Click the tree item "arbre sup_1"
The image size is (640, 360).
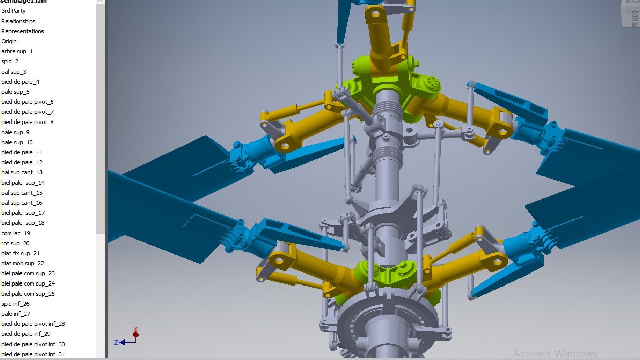pyautogui.click(x=17, y=51)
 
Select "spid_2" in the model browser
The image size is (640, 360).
pyautogui.click(x=10, y=61)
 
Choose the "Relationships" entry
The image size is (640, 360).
pyautogui.click(x=18, y=21)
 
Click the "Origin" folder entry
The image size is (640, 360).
pyautogui.click(x=9, y=41)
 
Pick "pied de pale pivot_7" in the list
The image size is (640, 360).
pyautogui.click(x=27, y=112)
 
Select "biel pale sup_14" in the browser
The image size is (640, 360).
pyautogui.click(x=23, y=183)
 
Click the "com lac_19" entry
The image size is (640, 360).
pyautogui.click(x=16, y=233)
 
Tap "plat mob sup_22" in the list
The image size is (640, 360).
pyautogui.click(x=22, y=263)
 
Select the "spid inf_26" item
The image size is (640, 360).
pyautogui.click(x=15, y=304)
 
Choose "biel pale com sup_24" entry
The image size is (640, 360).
pyautogui.click(x=28, y=284)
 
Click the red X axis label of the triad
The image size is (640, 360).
pyautogui.click(x=135, y=329)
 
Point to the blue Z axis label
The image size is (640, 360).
pyautogui.click(x=116, y=342)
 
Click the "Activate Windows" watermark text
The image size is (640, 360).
pyautogui.click(x=555, y=353)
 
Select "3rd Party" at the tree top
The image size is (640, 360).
pyautogui.click(x=13, y=11)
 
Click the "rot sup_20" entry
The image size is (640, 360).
pyautogui.click(x=15, y=243)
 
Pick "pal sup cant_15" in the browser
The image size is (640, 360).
pyautogui.click(x=22, y=193)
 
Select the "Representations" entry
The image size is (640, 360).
pyautogui.click(x=22, y=31)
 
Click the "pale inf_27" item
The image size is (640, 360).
pyautogui.click(x=15, y=314)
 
